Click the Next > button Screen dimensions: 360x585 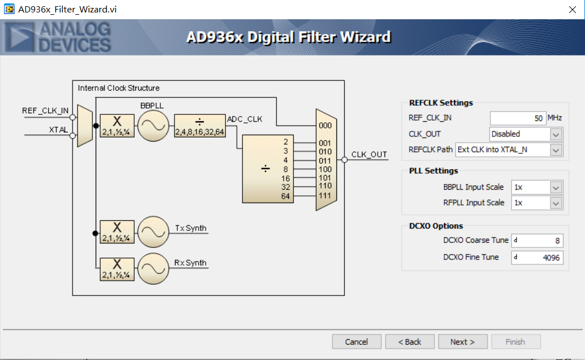462,342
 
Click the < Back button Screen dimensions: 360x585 410,342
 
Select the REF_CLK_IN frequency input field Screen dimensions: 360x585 518,118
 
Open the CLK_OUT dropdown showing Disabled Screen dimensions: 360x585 526,134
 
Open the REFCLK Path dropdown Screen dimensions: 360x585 509,150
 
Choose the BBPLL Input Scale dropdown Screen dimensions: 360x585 536,187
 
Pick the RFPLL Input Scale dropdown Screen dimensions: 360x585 536,203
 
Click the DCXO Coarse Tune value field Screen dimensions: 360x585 537,241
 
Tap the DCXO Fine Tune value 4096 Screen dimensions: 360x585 537,258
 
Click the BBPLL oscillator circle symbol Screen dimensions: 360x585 153,126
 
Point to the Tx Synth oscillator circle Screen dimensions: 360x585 153,232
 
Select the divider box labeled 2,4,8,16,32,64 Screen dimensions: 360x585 199,126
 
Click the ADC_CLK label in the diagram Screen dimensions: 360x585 245,119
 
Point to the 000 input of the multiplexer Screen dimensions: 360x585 325,126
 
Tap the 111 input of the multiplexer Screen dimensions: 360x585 325,195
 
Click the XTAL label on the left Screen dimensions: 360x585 58,130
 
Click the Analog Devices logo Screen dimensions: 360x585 57,37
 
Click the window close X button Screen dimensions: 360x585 572,10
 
